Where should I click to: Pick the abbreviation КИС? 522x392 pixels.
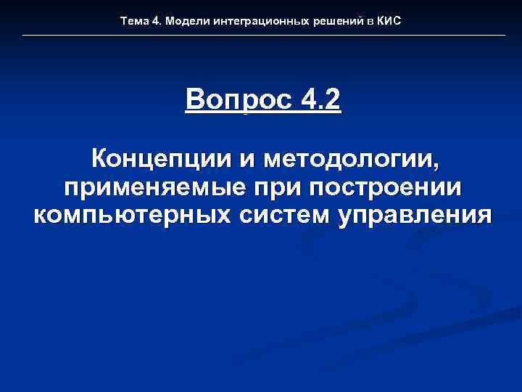coord(389,22)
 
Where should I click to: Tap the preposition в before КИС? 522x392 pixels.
coord(369,22)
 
